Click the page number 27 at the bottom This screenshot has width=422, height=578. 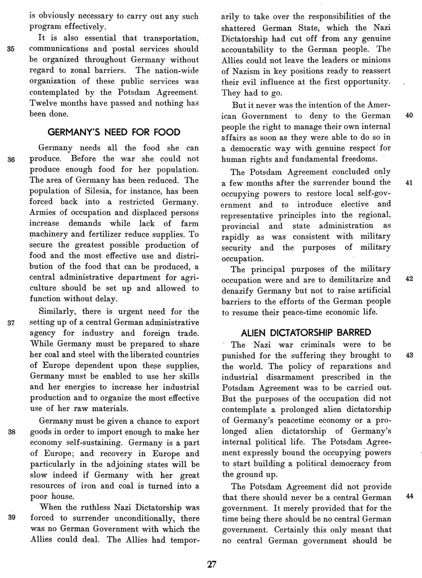click(x=211, y=564)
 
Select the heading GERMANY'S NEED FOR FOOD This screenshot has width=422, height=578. click(x=114, y=132)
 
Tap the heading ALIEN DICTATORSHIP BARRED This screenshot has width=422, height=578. click(x=306, y=333)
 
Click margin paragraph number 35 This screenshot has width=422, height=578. click(x=11, y=49)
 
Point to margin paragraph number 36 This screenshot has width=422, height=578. click(x=11, y=159)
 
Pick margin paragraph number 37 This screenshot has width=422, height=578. click(x=11, y=323)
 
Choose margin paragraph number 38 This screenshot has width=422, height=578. click(x=11, y=432)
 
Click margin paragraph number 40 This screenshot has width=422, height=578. click(x=410, y=116)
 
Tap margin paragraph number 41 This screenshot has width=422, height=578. click(x=410, y=183)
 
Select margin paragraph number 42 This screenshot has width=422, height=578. click(x=410, y=279)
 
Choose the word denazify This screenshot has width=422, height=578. click(x=239, y=291)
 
